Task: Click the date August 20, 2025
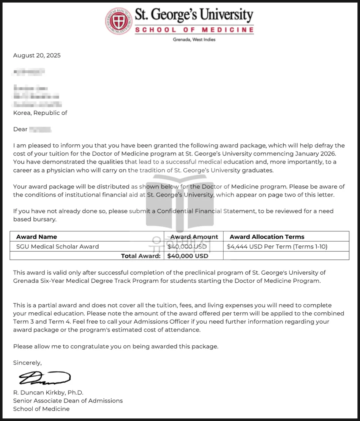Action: pos(37,55)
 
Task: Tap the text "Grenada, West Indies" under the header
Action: pos(194,40)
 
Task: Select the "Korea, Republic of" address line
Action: pos(40,113)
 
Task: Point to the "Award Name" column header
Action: pos(36,237)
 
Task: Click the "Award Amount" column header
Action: pos(194,237)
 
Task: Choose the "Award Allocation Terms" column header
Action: pos(267,237)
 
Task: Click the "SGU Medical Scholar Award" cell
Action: pos(57,247)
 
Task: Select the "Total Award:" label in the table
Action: pos(141,256)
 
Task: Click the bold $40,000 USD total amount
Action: pos(188,256)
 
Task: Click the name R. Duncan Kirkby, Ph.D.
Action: pos(48,393)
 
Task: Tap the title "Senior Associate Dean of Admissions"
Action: pos(68,400)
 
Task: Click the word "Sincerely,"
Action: pos(27,363)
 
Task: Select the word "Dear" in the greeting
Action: pos(20,129)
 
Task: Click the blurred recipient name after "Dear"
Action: pos(40,130)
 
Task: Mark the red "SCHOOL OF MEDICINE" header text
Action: pos(194,30)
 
